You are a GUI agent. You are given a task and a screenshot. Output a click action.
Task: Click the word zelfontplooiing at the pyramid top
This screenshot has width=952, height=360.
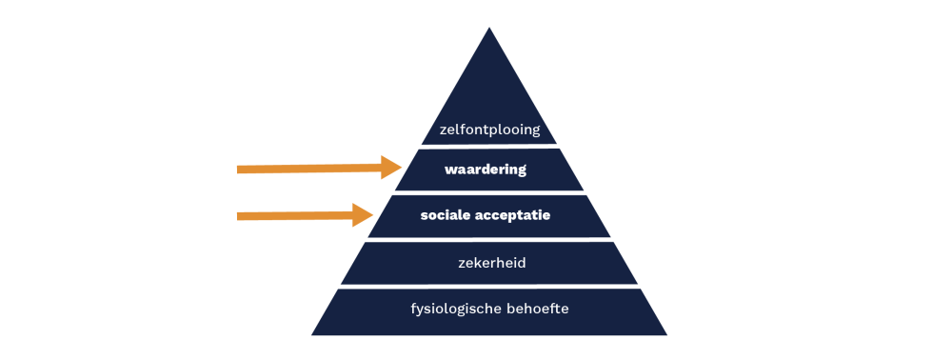click(489, 130)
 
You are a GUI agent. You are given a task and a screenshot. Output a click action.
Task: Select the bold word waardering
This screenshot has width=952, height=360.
click(486, 170)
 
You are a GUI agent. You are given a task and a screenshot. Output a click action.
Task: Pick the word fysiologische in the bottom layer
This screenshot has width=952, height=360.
click(455, 309)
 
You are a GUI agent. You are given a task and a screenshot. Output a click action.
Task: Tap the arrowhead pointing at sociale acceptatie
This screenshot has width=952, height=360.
click(363, 215)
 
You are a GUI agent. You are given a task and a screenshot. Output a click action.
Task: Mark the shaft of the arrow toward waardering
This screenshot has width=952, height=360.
click(309, 169)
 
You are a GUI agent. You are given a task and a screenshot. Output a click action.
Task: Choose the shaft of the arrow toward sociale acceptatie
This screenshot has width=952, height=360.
click(295, 215)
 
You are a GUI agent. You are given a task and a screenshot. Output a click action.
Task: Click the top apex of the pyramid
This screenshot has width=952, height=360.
click(488, 28)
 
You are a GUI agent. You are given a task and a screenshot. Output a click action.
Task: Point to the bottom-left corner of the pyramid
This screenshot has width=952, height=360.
click(312, 334)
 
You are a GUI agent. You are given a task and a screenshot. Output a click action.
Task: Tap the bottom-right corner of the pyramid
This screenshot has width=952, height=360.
click(666, 334)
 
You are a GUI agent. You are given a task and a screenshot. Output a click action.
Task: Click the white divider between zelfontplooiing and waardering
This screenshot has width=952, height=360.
click(489, 147)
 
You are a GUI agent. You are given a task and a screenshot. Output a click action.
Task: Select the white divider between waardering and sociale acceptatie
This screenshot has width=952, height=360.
click(489, 192)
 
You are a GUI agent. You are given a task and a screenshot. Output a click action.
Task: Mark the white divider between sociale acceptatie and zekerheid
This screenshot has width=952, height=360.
click(489, 239)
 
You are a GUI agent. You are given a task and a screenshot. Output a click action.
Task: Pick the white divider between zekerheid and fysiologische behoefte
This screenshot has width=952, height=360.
click(489, 286)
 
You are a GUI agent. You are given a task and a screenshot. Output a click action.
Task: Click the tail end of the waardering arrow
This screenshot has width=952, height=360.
click(237, 170)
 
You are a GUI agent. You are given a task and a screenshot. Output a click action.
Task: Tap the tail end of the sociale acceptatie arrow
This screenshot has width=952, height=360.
click(237, 216)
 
